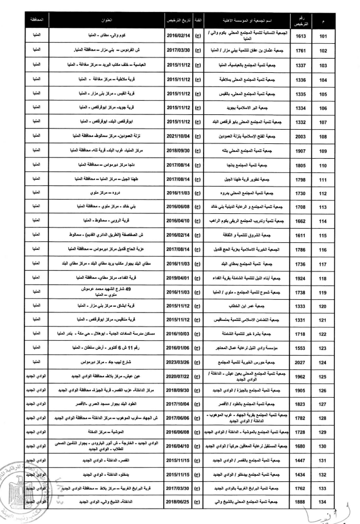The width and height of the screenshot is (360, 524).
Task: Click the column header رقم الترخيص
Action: pyautogui.click(x=301, y=21)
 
